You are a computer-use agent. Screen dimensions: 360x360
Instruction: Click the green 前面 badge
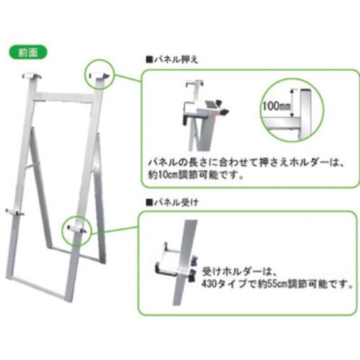(x=28, y=53)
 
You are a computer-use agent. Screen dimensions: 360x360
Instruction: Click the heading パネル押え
(x=176, y=59)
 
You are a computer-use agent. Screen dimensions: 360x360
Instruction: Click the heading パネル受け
(x=176, y=202)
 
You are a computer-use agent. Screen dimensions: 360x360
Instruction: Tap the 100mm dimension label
(x=276, y=106)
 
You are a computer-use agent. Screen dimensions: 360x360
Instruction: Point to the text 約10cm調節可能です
(x=195, y=176)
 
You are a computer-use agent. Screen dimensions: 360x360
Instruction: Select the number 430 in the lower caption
(x=209, y=284)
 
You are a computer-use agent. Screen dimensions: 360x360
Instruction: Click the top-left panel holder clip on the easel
(x=32, y=76)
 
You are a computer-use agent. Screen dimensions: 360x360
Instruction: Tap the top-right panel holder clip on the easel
(x=99, y=75)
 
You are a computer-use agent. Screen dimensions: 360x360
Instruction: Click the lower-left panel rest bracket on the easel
(x=14, y=212)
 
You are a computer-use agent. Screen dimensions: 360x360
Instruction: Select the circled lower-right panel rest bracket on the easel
(x=77, y=229)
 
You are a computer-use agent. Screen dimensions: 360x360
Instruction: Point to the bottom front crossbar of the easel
(x=37, y=289)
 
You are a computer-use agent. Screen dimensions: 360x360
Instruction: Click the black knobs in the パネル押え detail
(x=222, y=107)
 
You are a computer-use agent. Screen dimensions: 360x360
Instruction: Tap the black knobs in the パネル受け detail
(x=194, y=269)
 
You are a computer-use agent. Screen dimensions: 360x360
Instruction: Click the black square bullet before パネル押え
(x=149, y=59)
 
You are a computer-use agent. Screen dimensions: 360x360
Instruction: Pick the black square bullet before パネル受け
(x=149, y=202)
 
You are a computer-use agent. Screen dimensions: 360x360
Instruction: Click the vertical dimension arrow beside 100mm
(x=292, y=103)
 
